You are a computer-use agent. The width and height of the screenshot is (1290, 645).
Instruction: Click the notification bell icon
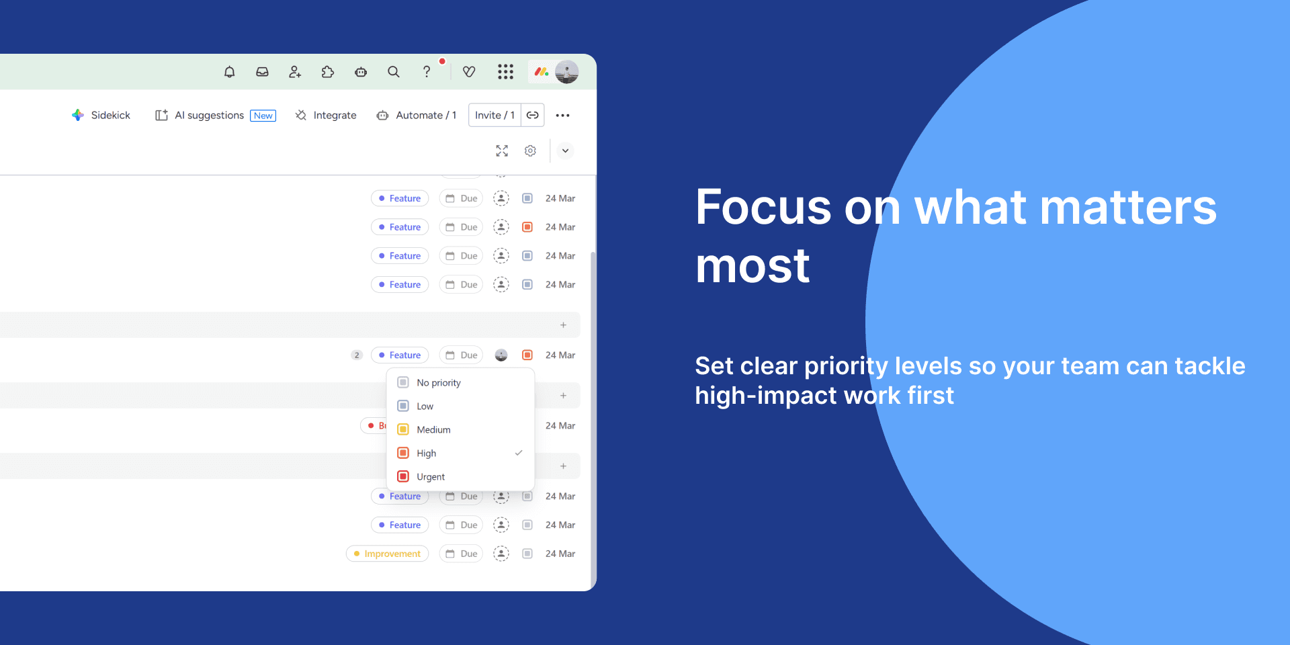coord(230,72)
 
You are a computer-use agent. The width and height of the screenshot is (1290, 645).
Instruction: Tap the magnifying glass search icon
coord(394,72)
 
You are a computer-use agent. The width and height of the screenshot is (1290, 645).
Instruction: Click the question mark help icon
coord(427,72)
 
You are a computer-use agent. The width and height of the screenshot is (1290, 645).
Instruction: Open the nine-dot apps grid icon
coord(505,72)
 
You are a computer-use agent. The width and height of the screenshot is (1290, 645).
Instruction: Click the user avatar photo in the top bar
coord(567,72)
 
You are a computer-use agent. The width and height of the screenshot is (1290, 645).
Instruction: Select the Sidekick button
coord(101,116)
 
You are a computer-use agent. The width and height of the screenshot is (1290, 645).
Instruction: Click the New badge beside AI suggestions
coord(263,116)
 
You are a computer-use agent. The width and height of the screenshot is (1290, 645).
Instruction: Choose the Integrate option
coord(326,116)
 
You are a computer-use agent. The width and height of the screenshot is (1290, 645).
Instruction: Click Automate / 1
coord(417,116)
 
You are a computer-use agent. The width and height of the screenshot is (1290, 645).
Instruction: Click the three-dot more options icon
coord(563,116)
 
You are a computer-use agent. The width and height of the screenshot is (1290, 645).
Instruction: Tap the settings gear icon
coord(530,151)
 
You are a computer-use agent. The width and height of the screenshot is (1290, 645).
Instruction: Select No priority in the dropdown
coord(438,383)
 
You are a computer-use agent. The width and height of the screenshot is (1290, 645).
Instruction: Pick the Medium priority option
coord(433,430)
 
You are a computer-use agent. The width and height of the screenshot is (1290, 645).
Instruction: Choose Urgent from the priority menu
coord(430,477)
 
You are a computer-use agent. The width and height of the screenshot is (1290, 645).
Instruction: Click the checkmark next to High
coord(519,453)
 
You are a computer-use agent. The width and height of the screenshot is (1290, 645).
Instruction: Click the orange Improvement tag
coord(388,554)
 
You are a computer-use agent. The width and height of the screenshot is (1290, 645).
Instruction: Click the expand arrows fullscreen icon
coord(502,151)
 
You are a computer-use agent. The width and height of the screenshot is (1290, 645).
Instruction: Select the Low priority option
coord(425,406)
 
